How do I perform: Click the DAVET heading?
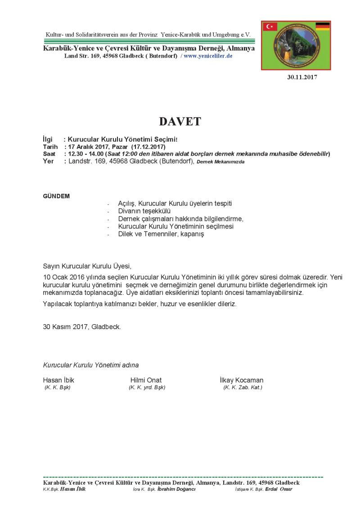180,121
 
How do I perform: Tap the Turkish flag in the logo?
270,27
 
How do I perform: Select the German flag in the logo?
322,26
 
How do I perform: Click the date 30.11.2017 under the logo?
302,77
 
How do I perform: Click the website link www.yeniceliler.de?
208,56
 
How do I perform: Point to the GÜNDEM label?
56,196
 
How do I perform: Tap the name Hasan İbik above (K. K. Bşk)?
58,380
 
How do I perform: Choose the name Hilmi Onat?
146,380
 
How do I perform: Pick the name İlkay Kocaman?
242,380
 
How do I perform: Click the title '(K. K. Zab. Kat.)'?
243,387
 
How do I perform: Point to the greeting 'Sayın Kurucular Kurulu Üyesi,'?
87,266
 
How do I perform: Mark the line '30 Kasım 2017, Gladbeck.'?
82,327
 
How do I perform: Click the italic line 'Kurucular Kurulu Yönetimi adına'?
91,365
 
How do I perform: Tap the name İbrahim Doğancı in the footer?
176,489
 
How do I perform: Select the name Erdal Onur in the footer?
279,489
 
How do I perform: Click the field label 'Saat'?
49,154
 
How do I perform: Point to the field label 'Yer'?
48,161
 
